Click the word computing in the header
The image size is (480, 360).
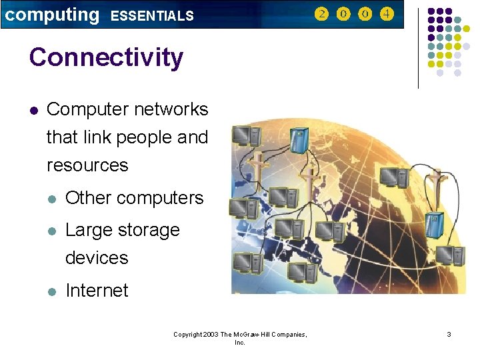click(x=51, y=15)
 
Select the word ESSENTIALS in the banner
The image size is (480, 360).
click(x=152, y=15)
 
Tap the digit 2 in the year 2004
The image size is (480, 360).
click(x=322, y=14)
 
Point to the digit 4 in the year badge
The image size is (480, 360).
click(x=387, y=14)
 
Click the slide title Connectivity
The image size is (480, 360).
click(x=106, y=57)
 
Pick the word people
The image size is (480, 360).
click(x=145, y=137)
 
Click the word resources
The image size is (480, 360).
click(x=87, y=165)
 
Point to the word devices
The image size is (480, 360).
click(x=97, y=257)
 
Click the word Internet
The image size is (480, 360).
click(x=97, y=291)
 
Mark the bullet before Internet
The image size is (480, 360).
click(x=52, y=291)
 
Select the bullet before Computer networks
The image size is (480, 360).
click(x=33, y=110)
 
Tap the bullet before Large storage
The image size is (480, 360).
click(x=52, y=231)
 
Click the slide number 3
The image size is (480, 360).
click(x=449, y=334)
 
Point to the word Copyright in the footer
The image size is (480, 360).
click(x=187, y=334)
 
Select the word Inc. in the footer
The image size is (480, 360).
click(x=240, y=342)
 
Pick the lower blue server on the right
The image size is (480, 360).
click(x=437, y=223)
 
